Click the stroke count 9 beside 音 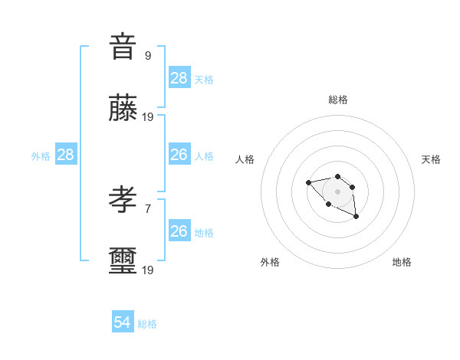[147, 55]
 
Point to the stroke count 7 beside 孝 [147, 208]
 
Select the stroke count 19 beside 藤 [148, 116]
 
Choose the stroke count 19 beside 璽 [148, 270]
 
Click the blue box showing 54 [123, 322]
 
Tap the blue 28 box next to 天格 [179, 78]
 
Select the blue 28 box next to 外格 [66, 155]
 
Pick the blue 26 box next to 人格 [179, 155]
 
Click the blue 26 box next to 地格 [179, 231]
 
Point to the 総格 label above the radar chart [337, 100]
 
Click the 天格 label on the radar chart [431, 159]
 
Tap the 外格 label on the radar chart [270, 262]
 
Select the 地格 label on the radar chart [402, 262]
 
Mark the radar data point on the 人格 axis [308, 182]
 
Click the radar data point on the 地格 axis [356, 217]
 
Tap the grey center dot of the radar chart [337, 191]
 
